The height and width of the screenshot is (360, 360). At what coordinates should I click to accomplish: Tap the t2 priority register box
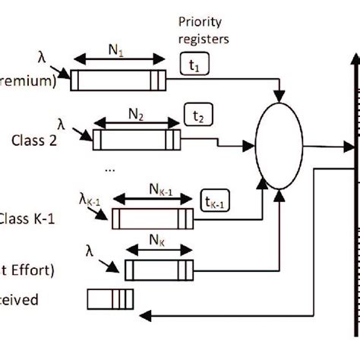click(x=199, y=115)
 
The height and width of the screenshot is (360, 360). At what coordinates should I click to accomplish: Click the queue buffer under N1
click(x=118, y=80)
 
